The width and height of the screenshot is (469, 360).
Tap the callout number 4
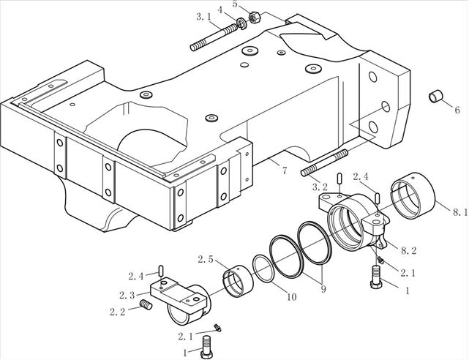[220, 10]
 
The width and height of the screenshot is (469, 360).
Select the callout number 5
[235, 5]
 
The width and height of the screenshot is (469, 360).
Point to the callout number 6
[457, 110]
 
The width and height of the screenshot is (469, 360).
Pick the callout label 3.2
[320, 187]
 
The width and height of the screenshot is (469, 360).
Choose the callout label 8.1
[459, 212]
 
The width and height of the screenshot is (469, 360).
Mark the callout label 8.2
[408, 250]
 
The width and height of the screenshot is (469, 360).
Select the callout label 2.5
[206, 259]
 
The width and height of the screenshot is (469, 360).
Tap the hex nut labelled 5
[255, 16]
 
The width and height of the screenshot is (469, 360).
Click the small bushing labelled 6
[436, 97]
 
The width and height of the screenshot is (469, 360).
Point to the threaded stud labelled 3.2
[323, 165]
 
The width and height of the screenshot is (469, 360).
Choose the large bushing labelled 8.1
[414, 194]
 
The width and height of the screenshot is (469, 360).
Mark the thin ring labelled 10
[263, 269]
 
